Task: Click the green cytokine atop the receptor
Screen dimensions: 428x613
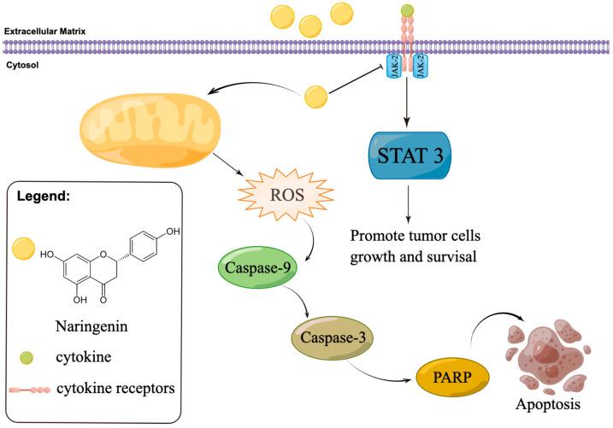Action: coord(409,11)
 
